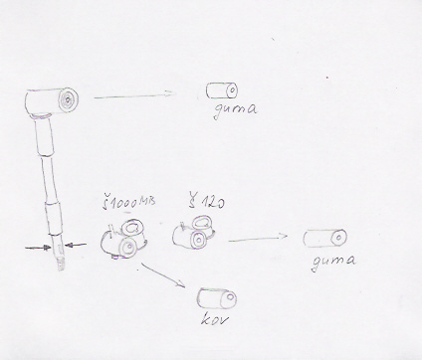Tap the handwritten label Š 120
click(206, 200)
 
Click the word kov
click(215, 319)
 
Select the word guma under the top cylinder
click(235, 110)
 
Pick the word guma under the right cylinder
click(333, 262)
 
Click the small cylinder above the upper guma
click(222, 90)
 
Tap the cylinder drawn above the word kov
click(217, 298)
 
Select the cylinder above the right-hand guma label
click(325, 238)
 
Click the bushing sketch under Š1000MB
click(124, 239)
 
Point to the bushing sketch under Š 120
click(194, 232)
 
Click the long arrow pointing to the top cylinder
click(135, 95)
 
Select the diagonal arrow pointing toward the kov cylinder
click(163, 275)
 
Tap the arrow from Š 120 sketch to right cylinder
click(258, 238)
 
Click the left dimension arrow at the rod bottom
click(38, 247)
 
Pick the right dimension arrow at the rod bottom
click(76, 245)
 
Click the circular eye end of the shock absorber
click(68, 99)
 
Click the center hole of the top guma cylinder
click(232, 90)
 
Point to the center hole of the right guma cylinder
click(338, 237)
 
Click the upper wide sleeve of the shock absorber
click(45, 137)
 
